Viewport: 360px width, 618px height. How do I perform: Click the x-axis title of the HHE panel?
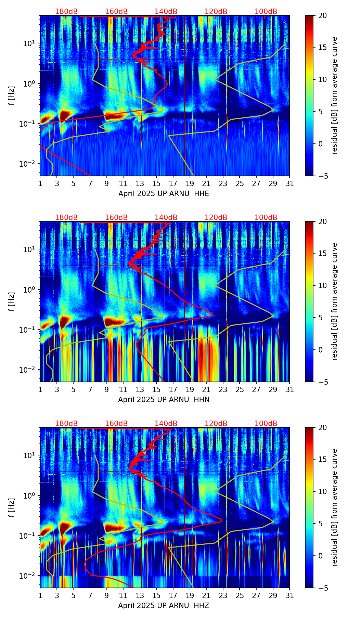tap(164, 194)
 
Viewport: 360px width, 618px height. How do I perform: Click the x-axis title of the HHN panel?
tap(164, 400)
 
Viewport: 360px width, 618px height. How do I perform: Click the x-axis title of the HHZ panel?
tap(164, 606)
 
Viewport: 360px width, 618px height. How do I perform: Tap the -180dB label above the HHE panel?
tap(65, 12)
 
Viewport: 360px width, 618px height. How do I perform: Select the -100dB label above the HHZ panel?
tap(265, 424)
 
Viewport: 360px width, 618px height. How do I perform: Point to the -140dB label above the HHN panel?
tap(165, 218)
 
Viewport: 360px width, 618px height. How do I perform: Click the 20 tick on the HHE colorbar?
tap(322, 15)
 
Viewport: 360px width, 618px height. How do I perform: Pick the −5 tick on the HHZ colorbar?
tap(322, 588)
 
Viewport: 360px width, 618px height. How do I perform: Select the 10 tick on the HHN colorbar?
tap(322, 285)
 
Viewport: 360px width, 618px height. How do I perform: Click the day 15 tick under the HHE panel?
tap(156, 183)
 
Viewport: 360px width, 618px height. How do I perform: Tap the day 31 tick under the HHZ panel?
tap(290, 595)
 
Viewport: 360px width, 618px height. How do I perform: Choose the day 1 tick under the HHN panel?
tap(40, 389)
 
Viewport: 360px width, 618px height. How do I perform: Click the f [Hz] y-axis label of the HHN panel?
tap(12, 301)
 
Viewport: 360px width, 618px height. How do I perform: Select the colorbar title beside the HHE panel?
tap(335, 95)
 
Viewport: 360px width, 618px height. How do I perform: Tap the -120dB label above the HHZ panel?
tap(215, 424)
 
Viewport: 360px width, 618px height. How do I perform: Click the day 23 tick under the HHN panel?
tap(223, 389)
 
